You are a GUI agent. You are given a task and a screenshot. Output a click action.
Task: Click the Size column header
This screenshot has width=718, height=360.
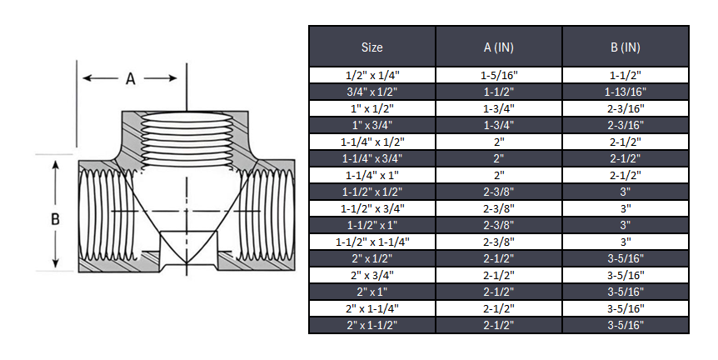371,47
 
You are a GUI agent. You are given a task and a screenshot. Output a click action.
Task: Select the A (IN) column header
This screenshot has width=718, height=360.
498,47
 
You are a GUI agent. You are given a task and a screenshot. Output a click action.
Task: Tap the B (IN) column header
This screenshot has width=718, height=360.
625,47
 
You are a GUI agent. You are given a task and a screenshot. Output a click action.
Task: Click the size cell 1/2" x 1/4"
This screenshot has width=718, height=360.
371,75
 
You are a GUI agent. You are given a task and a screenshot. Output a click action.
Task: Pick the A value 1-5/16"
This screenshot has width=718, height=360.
498,75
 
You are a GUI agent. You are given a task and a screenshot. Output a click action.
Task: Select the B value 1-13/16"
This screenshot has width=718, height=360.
625,92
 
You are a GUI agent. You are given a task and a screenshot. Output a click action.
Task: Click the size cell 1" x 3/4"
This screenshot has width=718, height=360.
371,125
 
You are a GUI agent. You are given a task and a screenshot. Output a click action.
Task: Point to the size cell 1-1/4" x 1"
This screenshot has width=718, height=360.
371,175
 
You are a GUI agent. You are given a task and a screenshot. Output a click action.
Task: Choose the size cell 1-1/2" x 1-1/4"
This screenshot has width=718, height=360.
371,242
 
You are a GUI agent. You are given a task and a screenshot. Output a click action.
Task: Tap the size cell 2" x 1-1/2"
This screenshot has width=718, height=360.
371,325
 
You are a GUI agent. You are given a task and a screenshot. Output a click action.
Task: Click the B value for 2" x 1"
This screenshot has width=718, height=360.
625,292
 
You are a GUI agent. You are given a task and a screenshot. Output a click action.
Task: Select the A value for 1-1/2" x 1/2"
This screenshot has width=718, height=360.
498,192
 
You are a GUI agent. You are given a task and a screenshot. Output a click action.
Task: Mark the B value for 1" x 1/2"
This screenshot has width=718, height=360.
625,108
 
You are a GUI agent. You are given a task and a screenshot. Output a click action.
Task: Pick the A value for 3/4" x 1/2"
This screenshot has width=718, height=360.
498,92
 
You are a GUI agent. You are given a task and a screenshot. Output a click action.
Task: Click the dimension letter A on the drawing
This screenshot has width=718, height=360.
130,79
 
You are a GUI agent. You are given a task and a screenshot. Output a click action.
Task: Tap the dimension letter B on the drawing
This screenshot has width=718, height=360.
55,220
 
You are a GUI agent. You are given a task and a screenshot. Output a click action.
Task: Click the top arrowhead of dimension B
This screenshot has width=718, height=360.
55,163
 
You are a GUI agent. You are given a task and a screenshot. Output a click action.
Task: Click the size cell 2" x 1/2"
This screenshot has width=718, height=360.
371,258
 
